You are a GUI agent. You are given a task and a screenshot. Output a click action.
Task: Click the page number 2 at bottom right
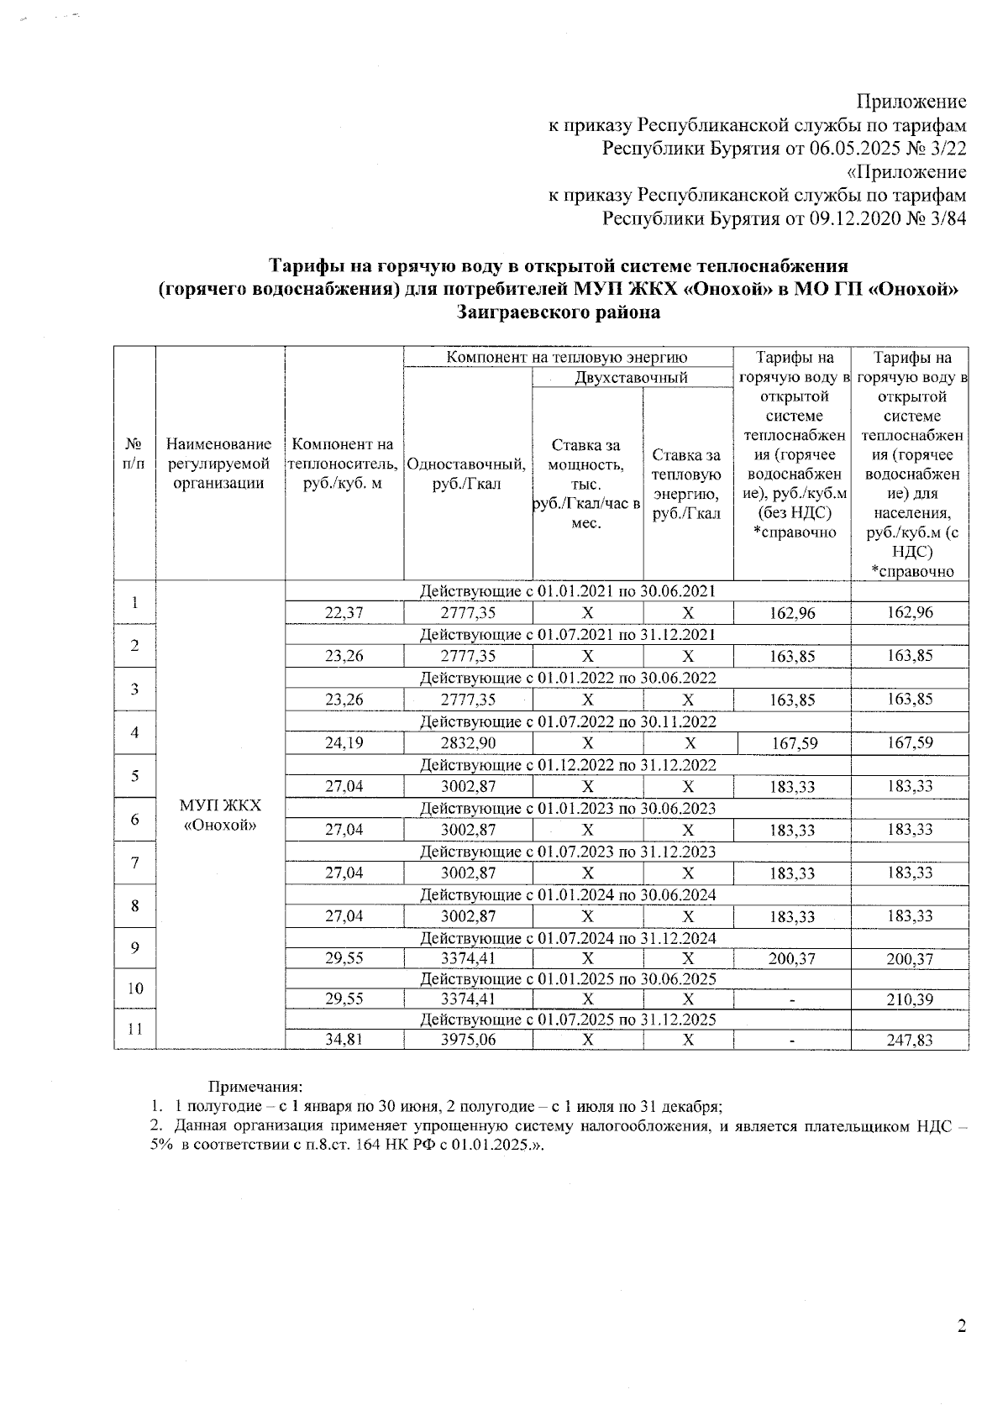tap(962, 1326)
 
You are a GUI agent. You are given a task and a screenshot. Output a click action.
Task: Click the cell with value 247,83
tap(910, 1040)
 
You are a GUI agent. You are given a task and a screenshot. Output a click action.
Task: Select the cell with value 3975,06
tap(468, 1040)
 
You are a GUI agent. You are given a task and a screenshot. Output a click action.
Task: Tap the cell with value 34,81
tap(344, 1040)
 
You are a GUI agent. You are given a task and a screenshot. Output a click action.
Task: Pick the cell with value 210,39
tap(910, 999)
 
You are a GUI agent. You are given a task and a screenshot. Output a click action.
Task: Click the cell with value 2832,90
tap(468, 742)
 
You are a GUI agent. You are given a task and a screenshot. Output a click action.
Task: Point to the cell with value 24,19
tap(344, 742)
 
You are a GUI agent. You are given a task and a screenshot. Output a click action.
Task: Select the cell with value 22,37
tap(344, 612)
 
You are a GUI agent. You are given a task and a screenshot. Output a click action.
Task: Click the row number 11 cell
tap(135, 1030)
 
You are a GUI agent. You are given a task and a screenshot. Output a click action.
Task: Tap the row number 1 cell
tap(135, 602)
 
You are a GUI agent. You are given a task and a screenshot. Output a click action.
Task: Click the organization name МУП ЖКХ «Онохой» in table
tap(220, 815)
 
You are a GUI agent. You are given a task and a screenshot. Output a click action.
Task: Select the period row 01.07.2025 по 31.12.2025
tap(568, 1020)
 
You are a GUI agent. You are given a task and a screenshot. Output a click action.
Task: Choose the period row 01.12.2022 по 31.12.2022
tap(568, 764)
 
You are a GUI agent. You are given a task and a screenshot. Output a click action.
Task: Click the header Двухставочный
tap(632, 377)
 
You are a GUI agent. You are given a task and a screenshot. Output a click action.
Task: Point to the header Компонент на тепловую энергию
tap(567, 357)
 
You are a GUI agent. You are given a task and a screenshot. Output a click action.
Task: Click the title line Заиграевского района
tap(559, 312)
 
